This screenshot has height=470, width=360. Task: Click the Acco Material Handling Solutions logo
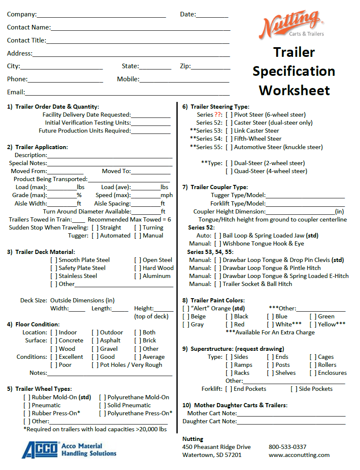pos(69,449)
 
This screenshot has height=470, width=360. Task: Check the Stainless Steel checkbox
pos(54,276)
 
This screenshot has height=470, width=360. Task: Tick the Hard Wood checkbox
pos(138,268)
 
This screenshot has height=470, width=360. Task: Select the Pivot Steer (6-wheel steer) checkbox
pos(229,115)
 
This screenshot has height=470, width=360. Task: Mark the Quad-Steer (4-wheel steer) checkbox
pos(229,171)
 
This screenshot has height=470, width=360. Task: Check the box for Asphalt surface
pos(95,341)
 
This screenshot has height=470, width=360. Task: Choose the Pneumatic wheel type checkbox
pos(27,406)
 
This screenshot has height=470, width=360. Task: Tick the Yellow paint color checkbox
pos(313,325)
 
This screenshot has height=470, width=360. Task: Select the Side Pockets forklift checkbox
pos(294,389)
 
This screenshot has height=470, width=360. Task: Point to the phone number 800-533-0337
pos(288,447)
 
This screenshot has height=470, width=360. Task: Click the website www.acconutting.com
pos(299,455)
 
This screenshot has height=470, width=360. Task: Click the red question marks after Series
pos(218,115)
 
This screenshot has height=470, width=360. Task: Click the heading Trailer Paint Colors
pos(217,301)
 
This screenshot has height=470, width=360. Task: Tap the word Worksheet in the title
pos(294,90)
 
